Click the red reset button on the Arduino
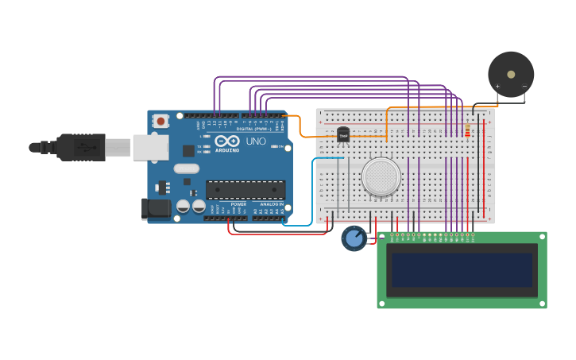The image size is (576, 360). pos(161,122)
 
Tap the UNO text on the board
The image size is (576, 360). pos(256,141)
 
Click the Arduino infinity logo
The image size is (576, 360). pos(226,140)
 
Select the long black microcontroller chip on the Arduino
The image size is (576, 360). pos(245,189)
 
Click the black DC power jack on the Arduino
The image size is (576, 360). pos(155,208)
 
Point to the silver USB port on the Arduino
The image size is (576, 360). pos(150,147)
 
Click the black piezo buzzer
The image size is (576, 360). pos(511,75)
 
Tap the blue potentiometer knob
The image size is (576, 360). pos(354,238)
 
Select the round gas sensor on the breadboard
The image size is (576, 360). pos(381,176)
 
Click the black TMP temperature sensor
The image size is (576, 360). pos(343,135)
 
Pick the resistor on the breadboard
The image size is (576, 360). pos(467,130)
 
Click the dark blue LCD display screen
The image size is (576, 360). pos(461,270)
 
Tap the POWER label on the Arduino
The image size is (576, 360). pos(238,204)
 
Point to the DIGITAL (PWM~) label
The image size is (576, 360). pos(253,129)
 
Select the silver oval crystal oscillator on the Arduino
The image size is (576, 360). pos(186,168)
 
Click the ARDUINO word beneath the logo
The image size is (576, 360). pos(226,149)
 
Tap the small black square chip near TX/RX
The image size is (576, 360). pos(188,150)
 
